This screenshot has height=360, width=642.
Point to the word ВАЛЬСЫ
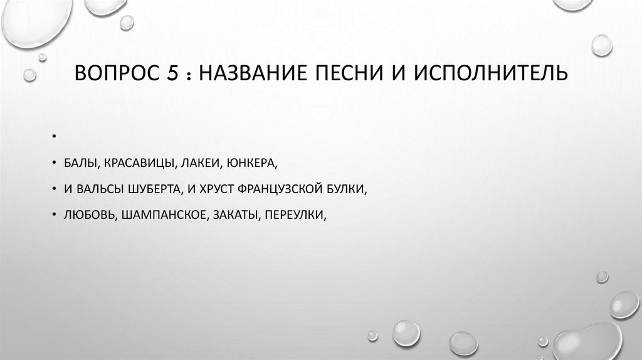click(101, 188)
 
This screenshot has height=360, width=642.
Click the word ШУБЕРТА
click(159, 188)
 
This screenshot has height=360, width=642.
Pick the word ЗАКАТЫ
click(236, 214)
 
